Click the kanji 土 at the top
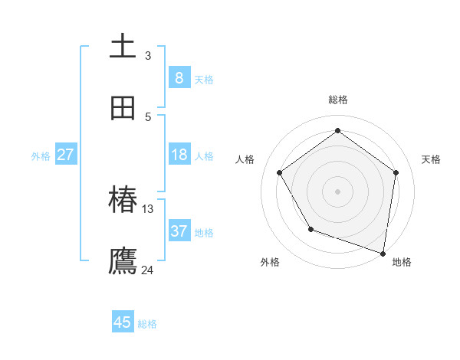coord(123,45)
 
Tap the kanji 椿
coord(123,200)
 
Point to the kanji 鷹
coord(123,260)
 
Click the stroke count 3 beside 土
coord(148,55)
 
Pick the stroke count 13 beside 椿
coord(148,208)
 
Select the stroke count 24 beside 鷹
coord(148,270)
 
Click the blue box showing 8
coord(179,78)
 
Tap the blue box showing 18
coord(179,155)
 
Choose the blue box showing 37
coord(179,231)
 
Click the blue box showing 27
coord(65,155)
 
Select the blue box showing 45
coord(123,322)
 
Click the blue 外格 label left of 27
coord(41,156)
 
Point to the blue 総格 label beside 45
coord(147,324)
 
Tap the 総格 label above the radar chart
coord(338,100)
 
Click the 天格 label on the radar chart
coord(431,159)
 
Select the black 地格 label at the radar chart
coord(402,262)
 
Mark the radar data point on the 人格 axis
coord(280,172)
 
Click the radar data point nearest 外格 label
coord(310,229)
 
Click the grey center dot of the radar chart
coord(338,191)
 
